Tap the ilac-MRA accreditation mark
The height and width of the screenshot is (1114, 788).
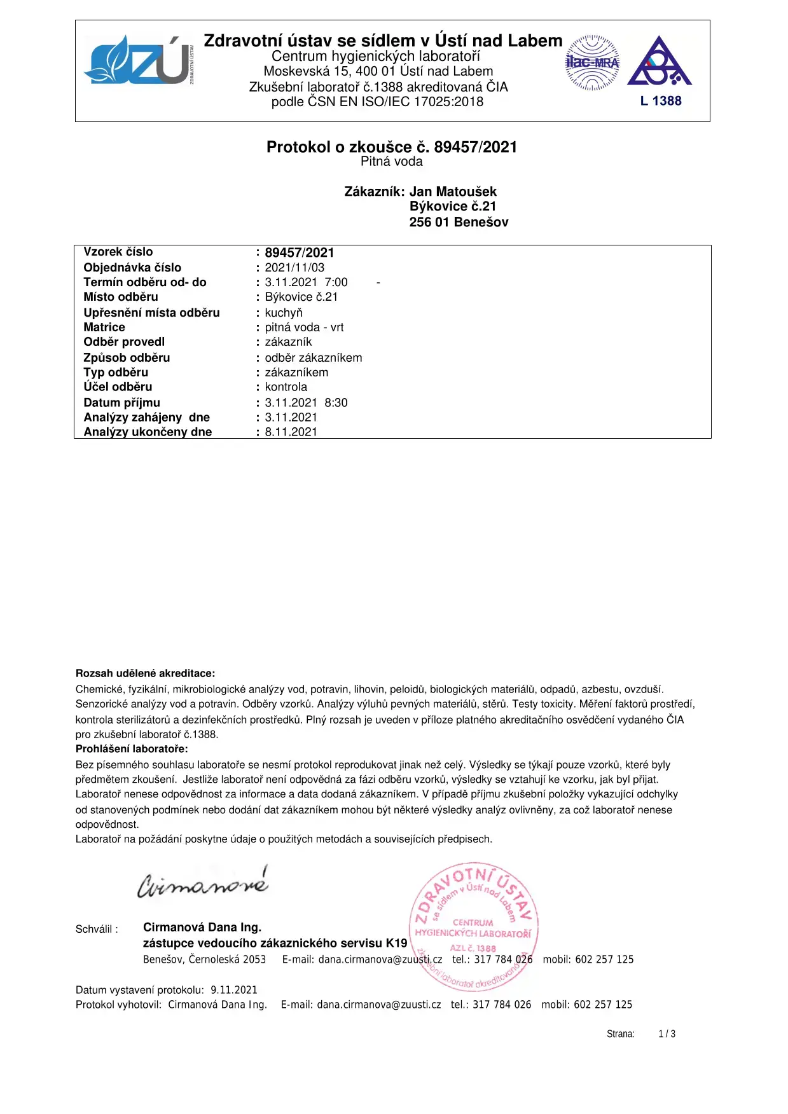[x=592, y=62]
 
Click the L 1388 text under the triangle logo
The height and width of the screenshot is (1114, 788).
[x=661, y=101]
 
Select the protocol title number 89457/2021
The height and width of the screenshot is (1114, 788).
[x=476, y=147]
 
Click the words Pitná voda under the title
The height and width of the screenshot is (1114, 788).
[x=392, y=162]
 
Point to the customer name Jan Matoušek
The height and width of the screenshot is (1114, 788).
[x=453, y=191]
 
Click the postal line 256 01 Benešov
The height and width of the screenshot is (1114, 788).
[x=459, y=222]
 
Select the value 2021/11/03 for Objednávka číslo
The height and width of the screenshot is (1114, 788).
[x=294, y=268]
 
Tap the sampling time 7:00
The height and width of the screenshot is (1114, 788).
[x=336, y=282]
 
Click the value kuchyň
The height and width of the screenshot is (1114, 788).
[x=284, y=313]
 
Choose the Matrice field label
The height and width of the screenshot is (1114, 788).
[x=104, y=327]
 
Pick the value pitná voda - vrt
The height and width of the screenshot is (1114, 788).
[x=304, y=327]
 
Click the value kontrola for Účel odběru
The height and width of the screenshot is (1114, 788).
[x=286, y=387]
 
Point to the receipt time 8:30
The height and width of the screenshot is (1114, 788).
[x=336, y=402]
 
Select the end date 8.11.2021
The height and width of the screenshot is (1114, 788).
[x=291, y=432]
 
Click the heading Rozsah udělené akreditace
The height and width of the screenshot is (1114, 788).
[x=145, y=673]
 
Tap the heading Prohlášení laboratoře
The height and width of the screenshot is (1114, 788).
[x=132, y=749]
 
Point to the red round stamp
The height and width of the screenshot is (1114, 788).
[x=474, y=927]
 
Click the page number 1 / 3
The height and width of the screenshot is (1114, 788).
[x=667, y=1034]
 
